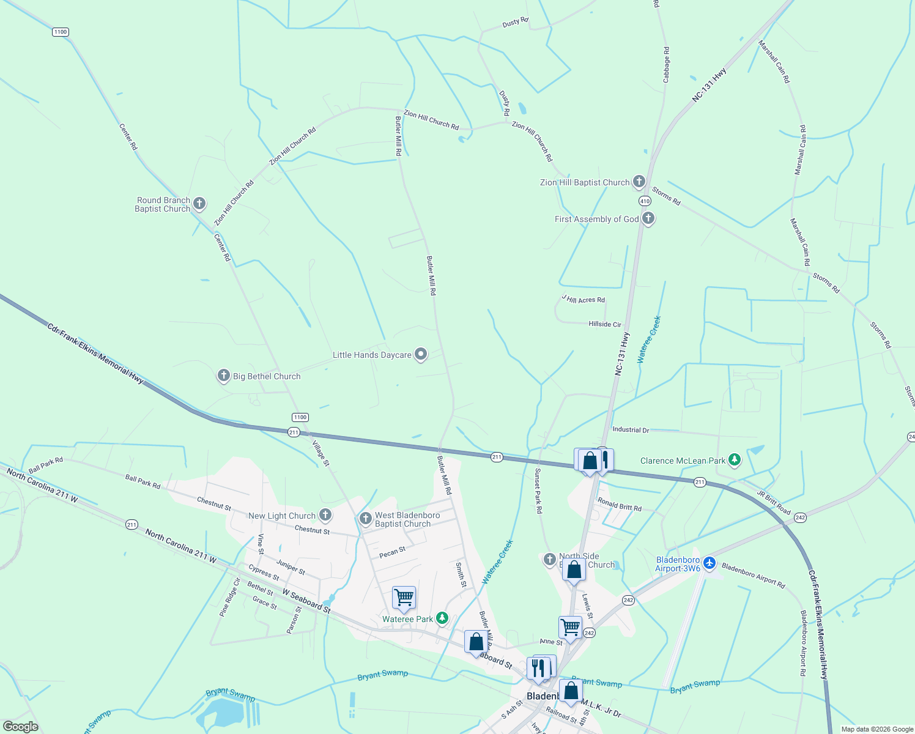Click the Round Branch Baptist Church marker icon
(199, 203)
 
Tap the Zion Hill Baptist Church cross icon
(639, 181)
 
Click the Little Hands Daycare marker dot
(421, 354)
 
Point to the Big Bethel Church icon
(224, 376)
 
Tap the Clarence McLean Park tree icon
(735, 459)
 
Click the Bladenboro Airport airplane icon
(709, 562)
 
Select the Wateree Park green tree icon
(442, 618)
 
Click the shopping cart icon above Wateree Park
(404, 597)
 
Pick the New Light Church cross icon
(325, 514)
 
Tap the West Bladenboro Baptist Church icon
(366, 519)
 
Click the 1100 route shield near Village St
(300, 417)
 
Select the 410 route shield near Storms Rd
(645, 201)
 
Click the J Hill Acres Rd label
(583, 299)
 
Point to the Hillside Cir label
(604, 324)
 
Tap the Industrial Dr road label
(631, 430)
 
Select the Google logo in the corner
(20, 727)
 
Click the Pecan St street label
(392, 552)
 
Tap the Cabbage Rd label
(666, 65)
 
